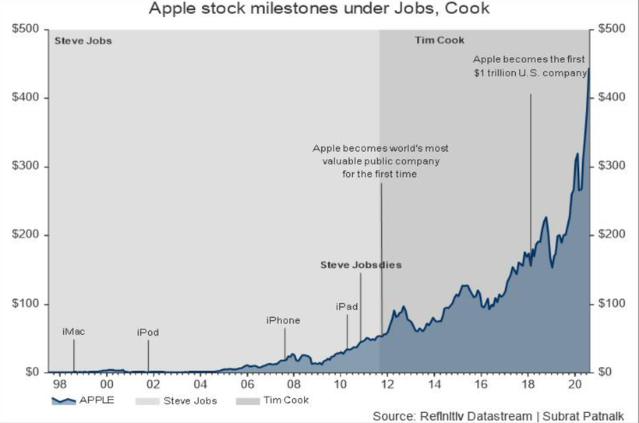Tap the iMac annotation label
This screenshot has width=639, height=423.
click(x=73, y=332)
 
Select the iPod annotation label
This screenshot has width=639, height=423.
click(x=148, y=333)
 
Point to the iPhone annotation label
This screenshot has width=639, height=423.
click(x=283, y=320)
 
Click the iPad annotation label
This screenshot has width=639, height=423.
click(x=347, y=306)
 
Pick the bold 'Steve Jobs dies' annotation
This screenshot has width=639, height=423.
click(x=361, y=265)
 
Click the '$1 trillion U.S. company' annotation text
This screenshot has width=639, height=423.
click(x=530, y=66)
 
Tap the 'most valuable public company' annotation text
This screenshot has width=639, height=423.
click(x=380, y=160)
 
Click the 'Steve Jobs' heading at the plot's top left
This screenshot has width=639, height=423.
click(x=83, y=40)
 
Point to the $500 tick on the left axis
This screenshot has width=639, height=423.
click(x=26, y=29)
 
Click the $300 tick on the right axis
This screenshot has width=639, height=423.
click(x=612, y=167)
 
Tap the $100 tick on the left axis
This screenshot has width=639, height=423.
click(x=26, y=304)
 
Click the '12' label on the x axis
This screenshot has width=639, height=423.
click(x=387, y=385)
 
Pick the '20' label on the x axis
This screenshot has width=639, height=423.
click(x=574, y=385)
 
